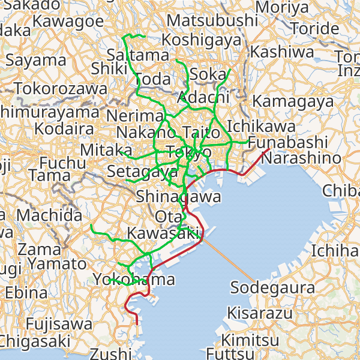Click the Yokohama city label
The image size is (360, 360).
point(134,280)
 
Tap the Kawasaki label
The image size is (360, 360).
point(163,232)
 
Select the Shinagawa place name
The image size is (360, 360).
point(178,197)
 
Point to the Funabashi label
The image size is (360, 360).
point(287,143)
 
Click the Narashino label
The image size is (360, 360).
point(301,158)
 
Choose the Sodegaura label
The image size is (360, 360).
point(273,288)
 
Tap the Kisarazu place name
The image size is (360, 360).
point(260,313)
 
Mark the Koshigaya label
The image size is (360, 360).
point(202,40)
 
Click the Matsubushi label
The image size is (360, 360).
point(212,20)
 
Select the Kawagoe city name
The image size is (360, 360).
point(68,20)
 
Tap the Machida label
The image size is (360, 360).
point(49,215)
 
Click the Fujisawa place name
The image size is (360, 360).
point(59,325)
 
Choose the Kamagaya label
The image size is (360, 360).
point(298,101)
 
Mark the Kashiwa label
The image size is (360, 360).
point(282,52)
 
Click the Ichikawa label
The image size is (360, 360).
point(261,127)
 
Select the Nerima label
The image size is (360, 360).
point(135,115)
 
